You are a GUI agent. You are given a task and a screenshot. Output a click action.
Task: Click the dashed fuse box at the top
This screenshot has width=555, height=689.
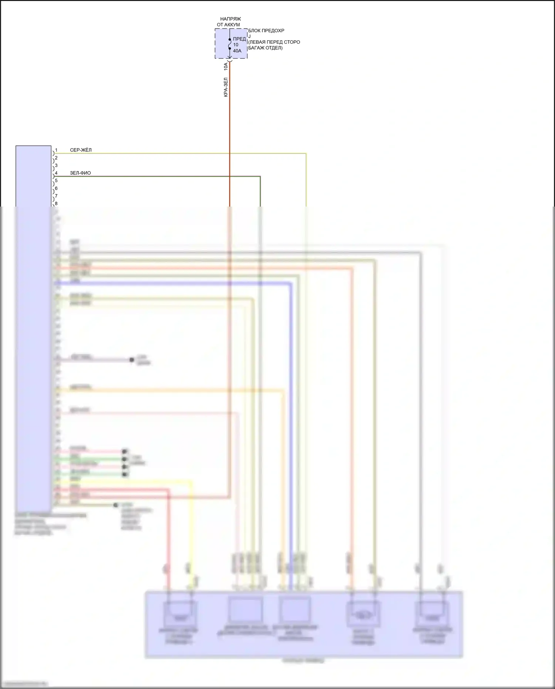(231, 43)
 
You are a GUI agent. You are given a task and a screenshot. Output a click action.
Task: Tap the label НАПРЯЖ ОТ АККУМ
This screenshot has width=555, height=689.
(229, 22)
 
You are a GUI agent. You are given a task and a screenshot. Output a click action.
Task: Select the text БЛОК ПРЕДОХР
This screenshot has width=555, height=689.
(266, 31)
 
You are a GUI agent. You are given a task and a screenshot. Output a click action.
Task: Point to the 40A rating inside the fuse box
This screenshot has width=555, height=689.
(237, 51)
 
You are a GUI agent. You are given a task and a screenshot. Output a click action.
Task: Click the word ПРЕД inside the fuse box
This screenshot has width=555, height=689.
(239, 39)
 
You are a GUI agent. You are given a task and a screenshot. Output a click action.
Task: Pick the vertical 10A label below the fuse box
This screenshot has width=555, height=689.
(226, 67)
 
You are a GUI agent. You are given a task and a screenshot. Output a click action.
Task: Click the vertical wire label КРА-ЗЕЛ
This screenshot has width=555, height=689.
(226, 87)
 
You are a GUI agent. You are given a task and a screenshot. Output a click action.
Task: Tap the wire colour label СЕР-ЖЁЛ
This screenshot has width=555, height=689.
(81, 150)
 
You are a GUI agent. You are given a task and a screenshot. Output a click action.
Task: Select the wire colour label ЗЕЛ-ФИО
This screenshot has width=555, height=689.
(80, 173)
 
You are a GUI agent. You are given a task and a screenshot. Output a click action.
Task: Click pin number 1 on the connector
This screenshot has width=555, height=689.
(56, 150)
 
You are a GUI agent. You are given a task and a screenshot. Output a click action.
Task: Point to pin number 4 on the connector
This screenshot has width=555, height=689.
(56, 173)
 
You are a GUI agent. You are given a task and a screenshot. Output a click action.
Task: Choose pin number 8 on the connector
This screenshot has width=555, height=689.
(56, 204)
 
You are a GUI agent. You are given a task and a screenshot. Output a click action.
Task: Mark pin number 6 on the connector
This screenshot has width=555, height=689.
(56, 188)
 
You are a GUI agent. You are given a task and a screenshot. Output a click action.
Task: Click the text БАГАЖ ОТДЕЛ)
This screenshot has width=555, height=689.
(265, 48)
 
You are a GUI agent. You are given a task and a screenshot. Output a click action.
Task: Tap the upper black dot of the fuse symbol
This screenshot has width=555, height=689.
(230, 39)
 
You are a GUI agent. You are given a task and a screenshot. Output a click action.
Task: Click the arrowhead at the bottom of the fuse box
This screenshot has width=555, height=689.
(229, 57)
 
